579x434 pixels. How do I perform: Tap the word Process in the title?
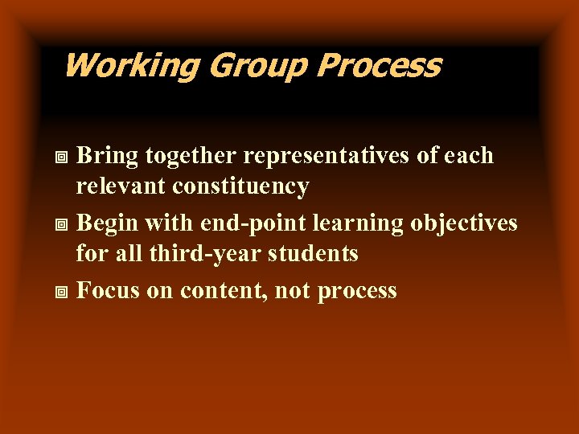pos(378,66)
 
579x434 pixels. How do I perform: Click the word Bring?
pos(102,155)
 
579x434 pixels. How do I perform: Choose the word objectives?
pos(464,223)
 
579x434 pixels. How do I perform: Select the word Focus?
pos(108,290)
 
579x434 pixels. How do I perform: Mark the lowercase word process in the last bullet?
pos(357,291)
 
